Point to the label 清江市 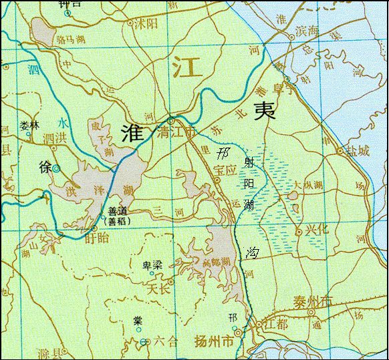point(176,132)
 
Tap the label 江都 point(271,325)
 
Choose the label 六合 point(166,342)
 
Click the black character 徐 point(44,168)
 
